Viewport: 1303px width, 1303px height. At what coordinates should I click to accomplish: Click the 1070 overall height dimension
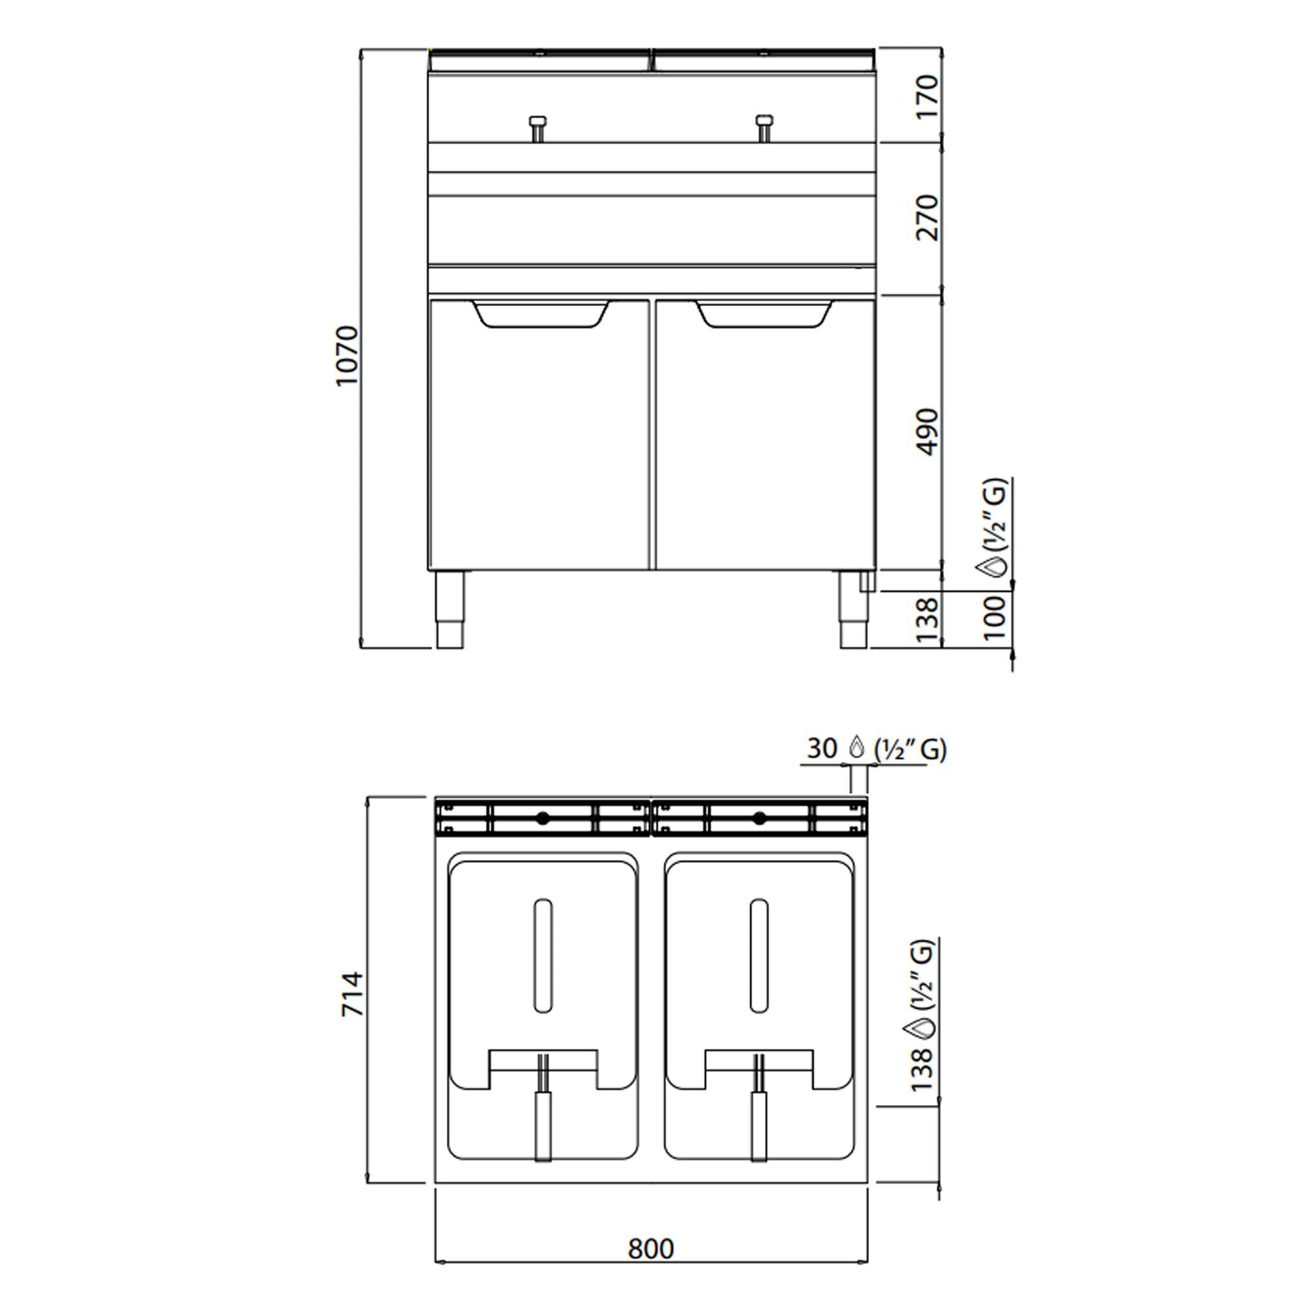click(347, 356)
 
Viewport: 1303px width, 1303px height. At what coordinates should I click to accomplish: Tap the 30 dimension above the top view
click(822, 748)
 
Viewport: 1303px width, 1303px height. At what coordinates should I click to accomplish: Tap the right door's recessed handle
click(764, 315)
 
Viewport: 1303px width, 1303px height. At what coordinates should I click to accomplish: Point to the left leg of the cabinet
click(450, 609)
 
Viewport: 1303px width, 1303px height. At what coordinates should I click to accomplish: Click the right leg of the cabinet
click(853, 609)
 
